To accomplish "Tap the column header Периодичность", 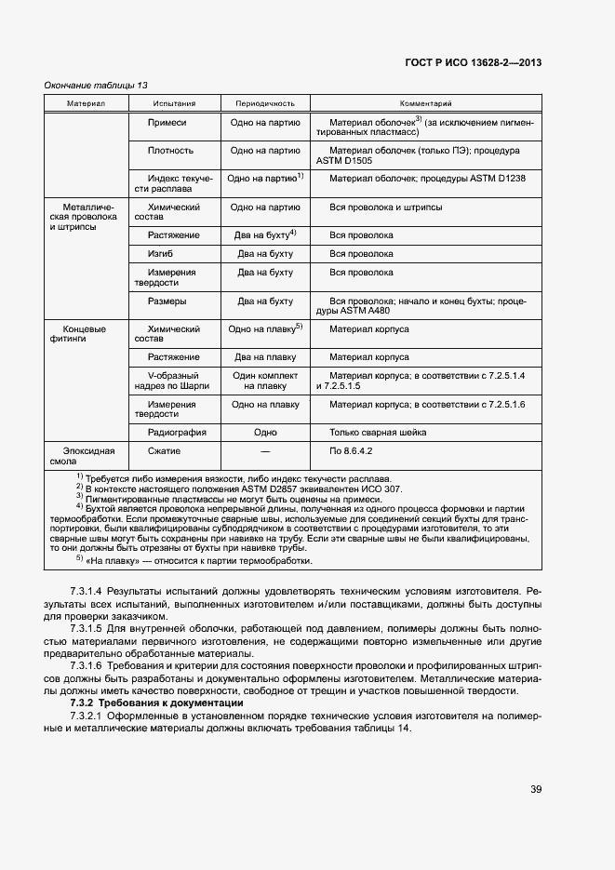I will (265, 103).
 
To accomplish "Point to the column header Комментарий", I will (425, 103).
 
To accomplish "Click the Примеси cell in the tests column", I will (167, 123).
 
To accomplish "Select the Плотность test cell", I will (170, 150).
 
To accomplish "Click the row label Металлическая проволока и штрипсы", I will (88, 217).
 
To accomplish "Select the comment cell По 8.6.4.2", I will (351, 450).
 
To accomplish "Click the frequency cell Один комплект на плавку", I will (265, 380).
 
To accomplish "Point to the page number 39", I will (536, 789).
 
